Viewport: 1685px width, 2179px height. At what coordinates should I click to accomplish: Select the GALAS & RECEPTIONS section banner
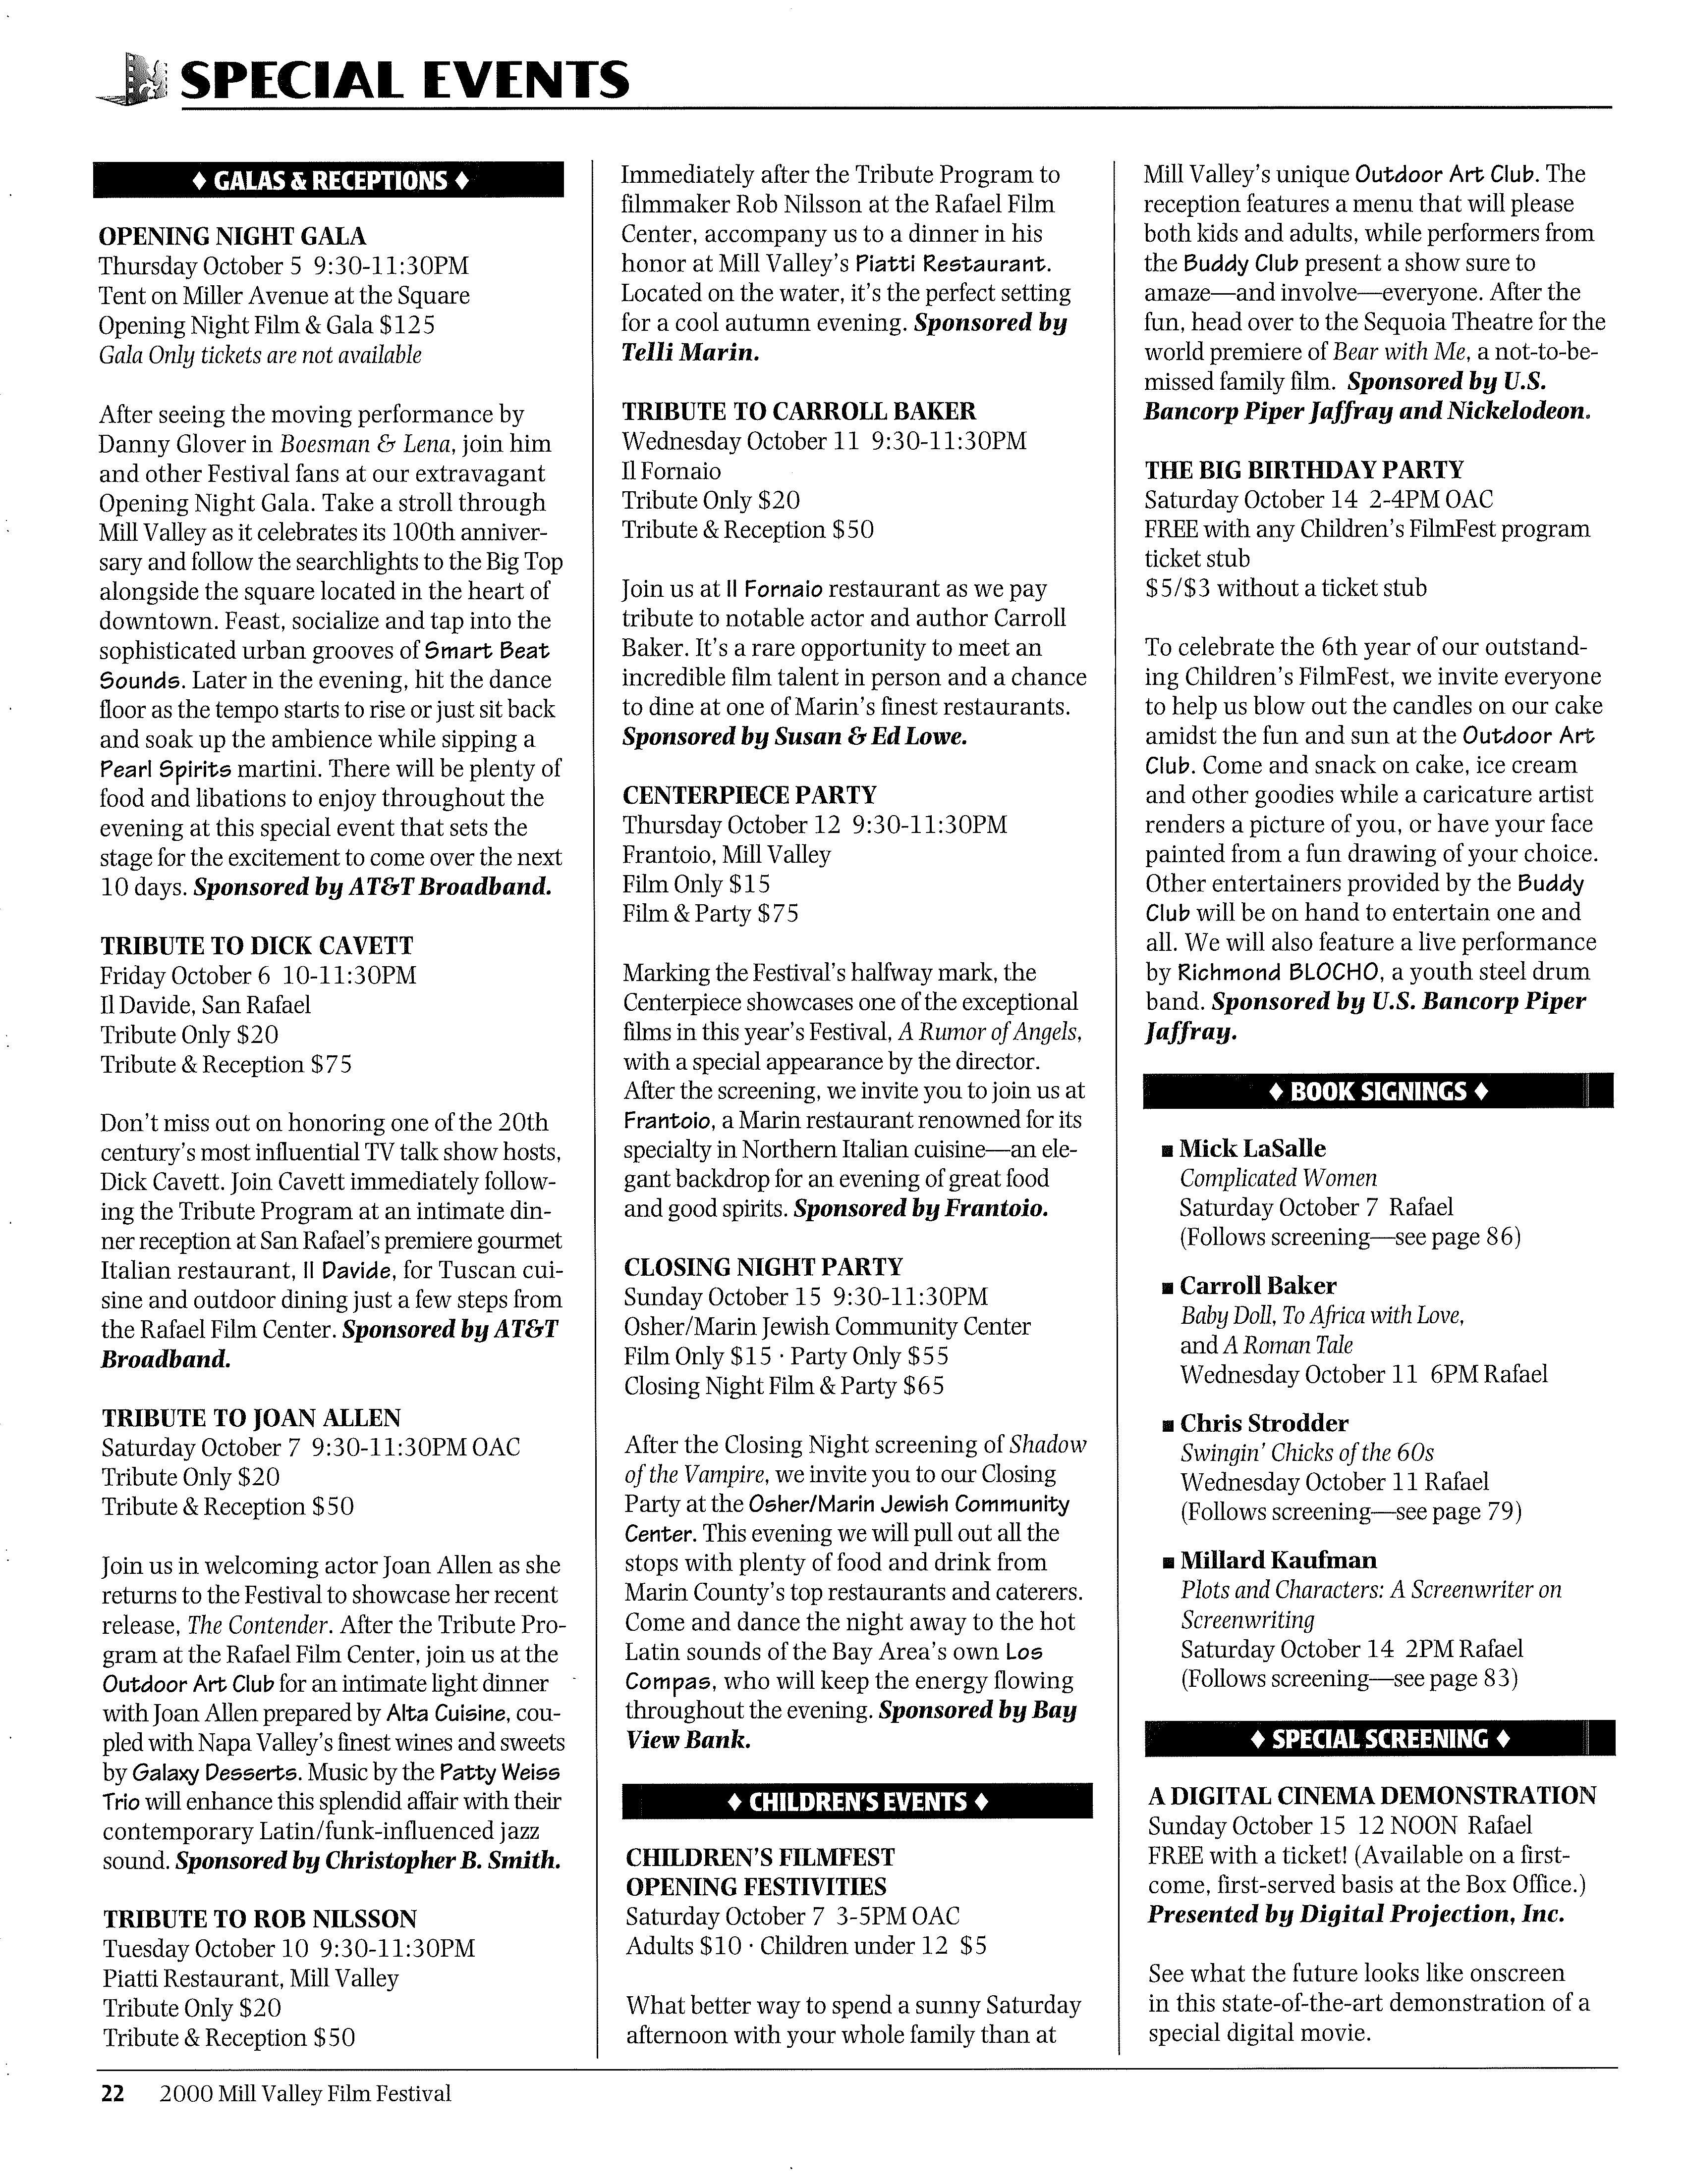[x=329, y=181]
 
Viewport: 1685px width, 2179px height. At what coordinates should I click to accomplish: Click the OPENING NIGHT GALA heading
[x=232, y=236]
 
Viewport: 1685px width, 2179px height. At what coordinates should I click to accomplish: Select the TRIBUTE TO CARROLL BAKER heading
[x=798, y=411]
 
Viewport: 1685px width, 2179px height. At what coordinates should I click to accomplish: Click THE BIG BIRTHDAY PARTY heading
[x=1304, y=470]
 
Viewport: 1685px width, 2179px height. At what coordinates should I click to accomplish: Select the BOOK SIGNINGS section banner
[x=1378, y=1090]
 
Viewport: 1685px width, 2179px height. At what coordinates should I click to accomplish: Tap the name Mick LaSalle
[x=1252, y=1148]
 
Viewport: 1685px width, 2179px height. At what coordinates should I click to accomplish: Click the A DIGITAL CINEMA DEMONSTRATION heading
[x=1372, y=1796]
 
